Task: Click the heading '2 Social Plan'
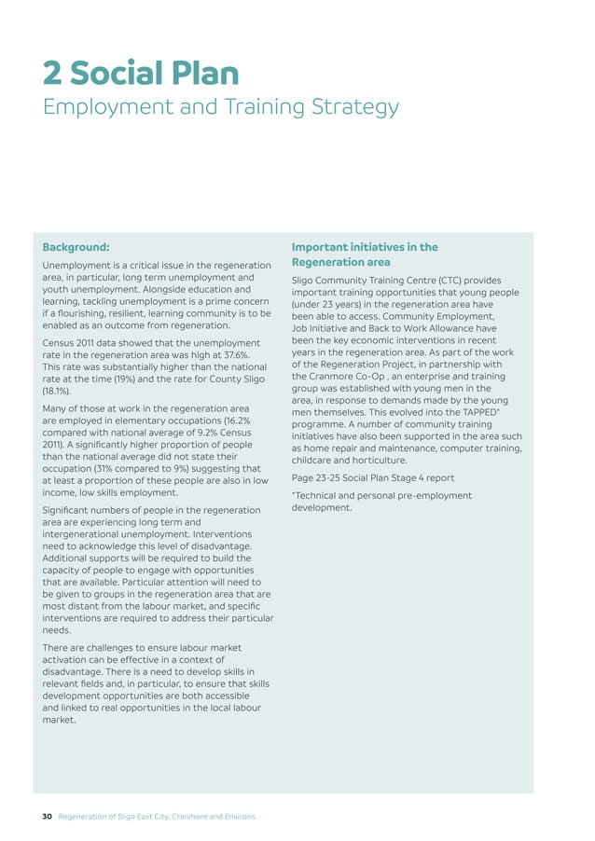click(x=140, y=74)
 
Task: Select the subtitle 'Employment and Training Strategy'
click(x=221, y=108)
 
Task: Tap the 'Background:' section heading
click(x=76, y=247)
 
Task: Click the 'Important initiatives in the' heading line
click(x=365, y=247)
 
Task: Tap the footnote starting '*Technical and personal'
click(x=381, y=495)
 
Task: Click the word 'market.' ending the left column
click(x=60, y=719)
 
